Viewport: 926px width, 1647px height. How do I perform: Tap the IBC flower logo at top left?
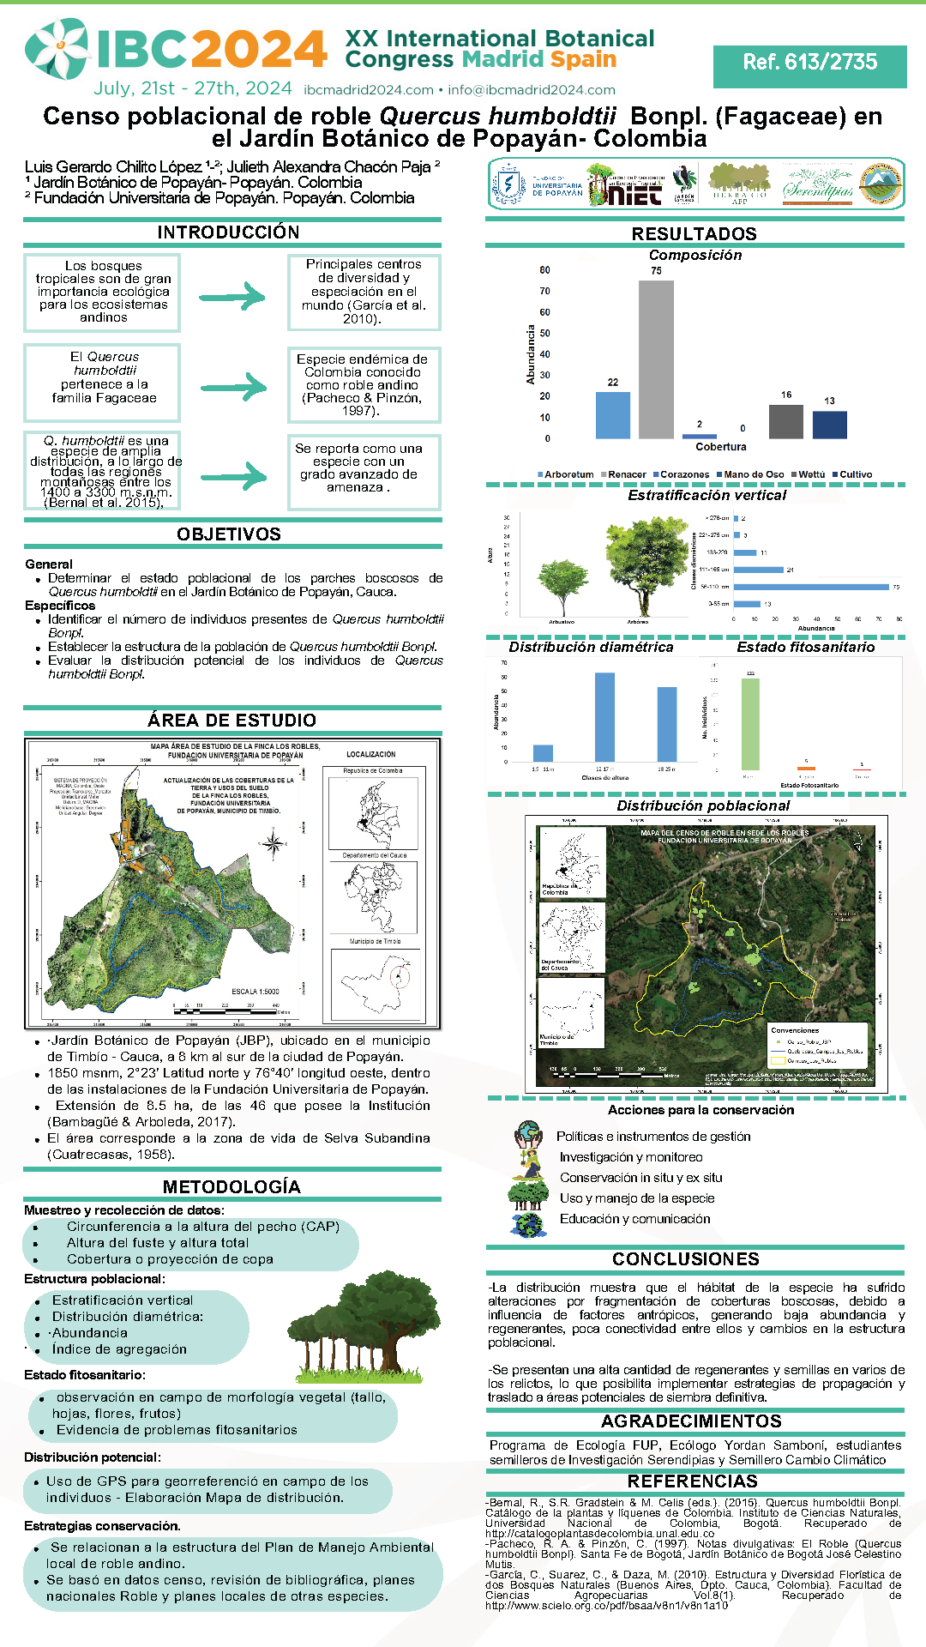point(57,49)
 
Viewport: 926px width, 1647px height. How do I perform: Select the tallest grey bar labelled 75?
point(656,359)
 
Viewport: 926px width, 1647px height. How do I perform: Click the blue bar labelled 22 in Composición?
point(612,415)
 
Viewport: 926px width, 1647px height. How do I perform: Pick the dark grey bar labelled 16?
point(785,421)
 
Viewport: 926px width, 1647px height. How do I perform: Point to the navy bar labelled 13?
point(829,425)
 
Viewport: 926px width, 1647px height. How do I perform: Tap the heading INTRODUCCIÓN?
point(228,232)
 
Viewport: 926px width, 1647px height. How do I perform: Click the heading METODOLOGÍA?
point(231,1187)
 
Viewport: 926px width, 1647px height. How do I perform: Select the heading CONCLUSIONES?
point(686,1259)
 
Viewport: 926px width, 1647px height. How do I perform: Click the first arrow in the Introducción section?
point(232,297)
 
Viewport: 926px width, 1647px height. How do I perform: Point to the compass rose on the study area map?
point(274,844)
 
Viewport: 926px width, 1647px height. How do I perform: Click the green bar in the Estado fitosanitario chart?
point(749,724)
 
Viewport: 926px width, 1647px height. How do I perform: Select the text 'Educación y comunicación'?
point(634,1219)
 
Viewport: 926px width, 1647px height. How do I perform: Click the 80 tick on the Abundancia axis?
point(544,270)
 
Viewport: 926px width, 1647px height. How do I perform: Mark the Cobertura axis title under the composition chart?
point(720,447)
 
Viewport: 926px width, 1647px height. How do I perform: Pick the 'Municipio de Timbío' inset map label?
point(375,942)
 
